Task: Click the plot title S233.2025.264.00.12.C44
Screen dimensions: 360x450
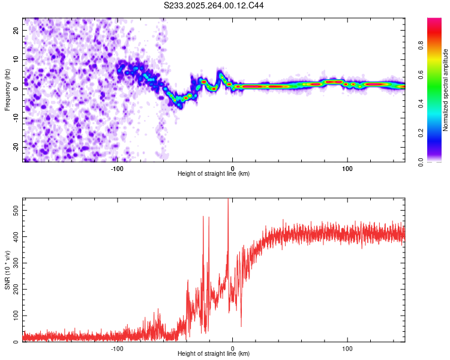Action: click(214, 5)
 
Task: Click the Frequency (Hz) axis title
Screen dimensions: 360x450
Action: click(7, 89)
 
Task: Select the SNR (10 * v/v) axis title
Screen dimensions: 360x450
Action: click(7, 269)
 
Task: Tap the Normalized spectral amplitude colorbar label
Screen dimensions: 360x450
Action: click(446, 89)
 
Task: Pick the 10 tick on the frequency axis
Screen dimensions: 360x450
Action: click(17, 59)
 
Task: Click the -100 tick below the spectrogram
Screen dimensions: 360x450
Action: click(117, 169)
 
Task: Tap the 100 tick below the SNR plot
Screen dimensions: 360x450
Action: click(347, 348)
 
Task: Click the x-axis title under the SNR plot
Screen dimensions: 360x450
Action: click(214, 354)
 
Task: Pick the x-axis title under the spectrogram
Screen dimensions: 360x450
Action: click(214, 174)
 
